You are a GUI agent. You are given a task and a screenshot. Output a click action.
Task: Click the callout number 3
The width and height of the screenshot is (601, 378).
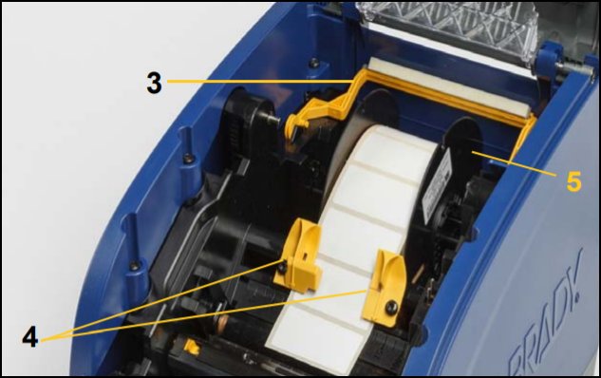[x=154, y=84]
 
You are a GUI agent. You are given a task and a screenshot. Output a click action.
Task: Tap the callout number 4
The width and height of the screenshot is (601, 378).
[x=29, y=338]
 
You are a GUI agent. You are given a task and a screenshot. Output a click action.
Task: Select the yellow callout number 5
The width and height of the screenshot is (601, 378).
[x=573, y=181]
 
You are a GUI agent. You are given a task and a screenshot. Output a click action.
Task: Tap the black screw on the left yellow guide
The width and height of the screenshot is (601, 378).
[x=283, y=266]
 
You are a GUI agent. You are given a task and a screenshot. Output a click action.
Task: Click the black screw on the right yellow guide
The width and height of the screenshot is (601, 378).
[x=391, y=307]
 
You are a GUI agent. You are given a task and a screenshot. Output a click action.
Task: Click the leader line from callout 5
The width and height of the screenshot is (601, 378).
[x=514, y=163]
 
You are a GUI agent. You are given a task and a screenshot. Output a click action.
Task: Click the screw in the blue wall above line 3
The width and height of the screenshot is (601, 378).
[x=313, y=62]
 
